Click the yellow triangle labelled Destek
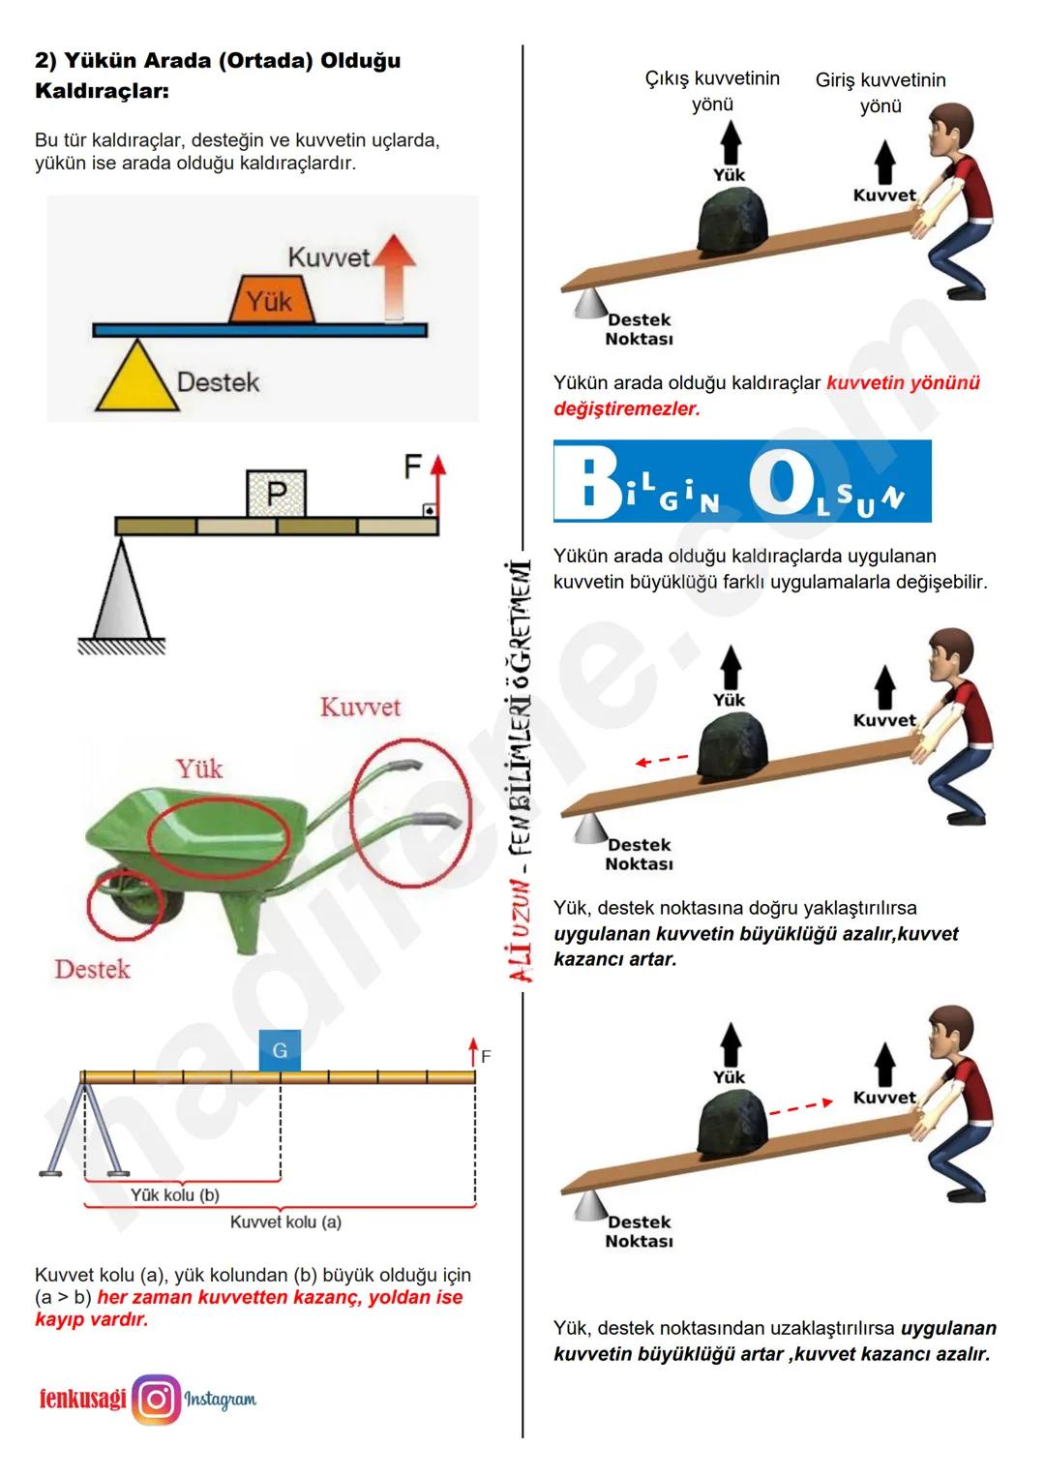137,377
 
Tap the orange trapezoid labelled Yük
271,299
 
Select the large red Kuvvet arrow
394,277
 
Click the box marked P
277,493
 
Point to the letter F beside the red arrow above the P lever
412,467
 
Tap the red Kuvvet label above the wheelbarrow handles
360,708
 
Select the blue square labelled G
280,1050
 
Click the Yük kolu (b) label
175,1195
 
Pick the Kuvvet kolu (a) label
285,1222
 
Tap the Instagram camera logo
157,1400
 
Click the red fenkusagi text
82,1399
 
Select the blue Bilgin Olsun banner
742,481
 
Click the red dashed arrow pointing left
662,761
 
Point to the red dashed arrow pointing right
801,1107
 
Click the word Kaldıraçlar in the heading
103,91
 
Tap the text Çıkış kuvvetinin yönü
712,91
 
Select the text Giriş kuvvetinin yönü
881,93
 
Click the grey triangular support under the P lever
122,588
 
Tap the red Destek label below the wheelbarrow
92,969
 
